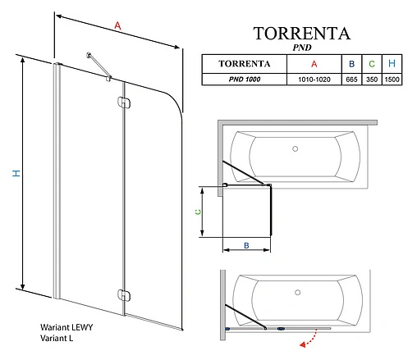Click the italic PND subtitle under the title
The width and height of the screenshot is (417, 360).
301,48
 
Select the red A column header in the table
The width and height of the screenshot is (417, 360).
314,63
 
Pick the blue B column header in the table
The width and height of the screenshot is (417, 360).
351,63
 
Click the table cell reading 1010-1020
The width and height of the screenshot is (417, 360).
314,78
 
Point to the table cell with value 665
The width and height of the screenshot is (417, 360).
351,78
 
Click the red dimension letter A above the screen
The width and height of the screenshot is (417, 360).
118,27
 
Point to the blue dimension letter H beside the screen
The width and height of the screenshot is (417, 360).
16,173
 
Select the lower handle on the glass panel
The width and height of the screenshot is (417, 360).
123,294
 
